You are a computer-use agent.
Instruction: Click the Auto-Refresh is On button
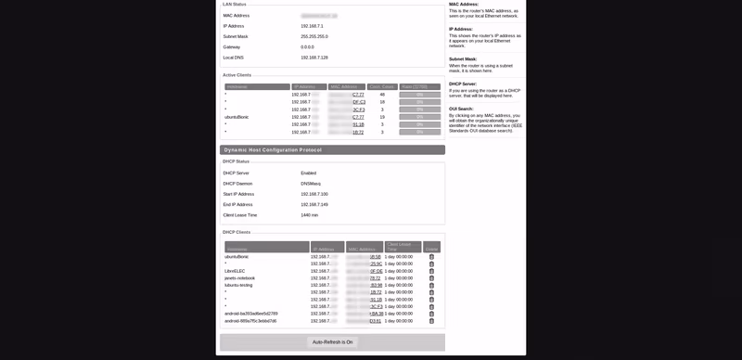[x=332, y=342]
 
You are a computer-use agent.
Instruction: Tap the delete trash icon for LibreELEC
[x=431, y=271]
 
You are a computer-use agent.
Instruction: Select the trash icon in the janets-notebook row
[x=431, y=278]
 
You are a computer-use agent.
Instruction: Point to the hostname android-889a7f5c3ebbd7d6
[x=250, y=321]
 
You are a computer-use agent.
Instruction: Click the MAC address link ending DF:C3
[x=358, y=102]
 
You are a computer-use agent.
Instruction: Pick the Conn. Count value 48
[x=382, y=95]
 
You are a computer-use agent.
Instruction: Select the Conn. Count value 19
[x=382, y=117]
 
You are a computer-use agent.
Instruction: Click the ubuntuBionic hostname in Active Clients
[x=237, y=117]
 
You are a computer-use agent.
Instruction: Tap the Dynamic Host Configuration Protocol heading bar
[x=332, y=149]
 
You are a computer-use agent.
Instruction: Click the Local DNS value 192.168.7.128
[x=314, y=58]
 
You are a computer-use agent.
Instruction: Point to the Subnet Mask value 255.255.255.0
[x=314, y=36]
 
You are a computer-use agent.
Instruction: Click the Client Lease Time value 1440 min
[x=310, y=215]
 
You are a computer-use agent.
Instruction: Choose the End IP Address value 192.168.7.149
[x=314, y=204]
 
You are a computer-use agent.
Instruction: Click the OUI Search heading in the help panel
[x=461, y=109]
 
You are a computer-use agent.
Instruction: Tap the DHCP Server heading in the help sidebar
[x=463, y=84]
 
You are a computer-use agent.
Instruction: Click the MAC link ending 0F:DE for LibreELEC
[x=376, y=271]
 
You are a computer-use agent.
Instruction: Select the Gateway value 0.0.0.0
[x=308, y=46]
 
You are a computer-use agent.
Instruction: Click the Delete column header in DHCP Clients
[x=431, y=248]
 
